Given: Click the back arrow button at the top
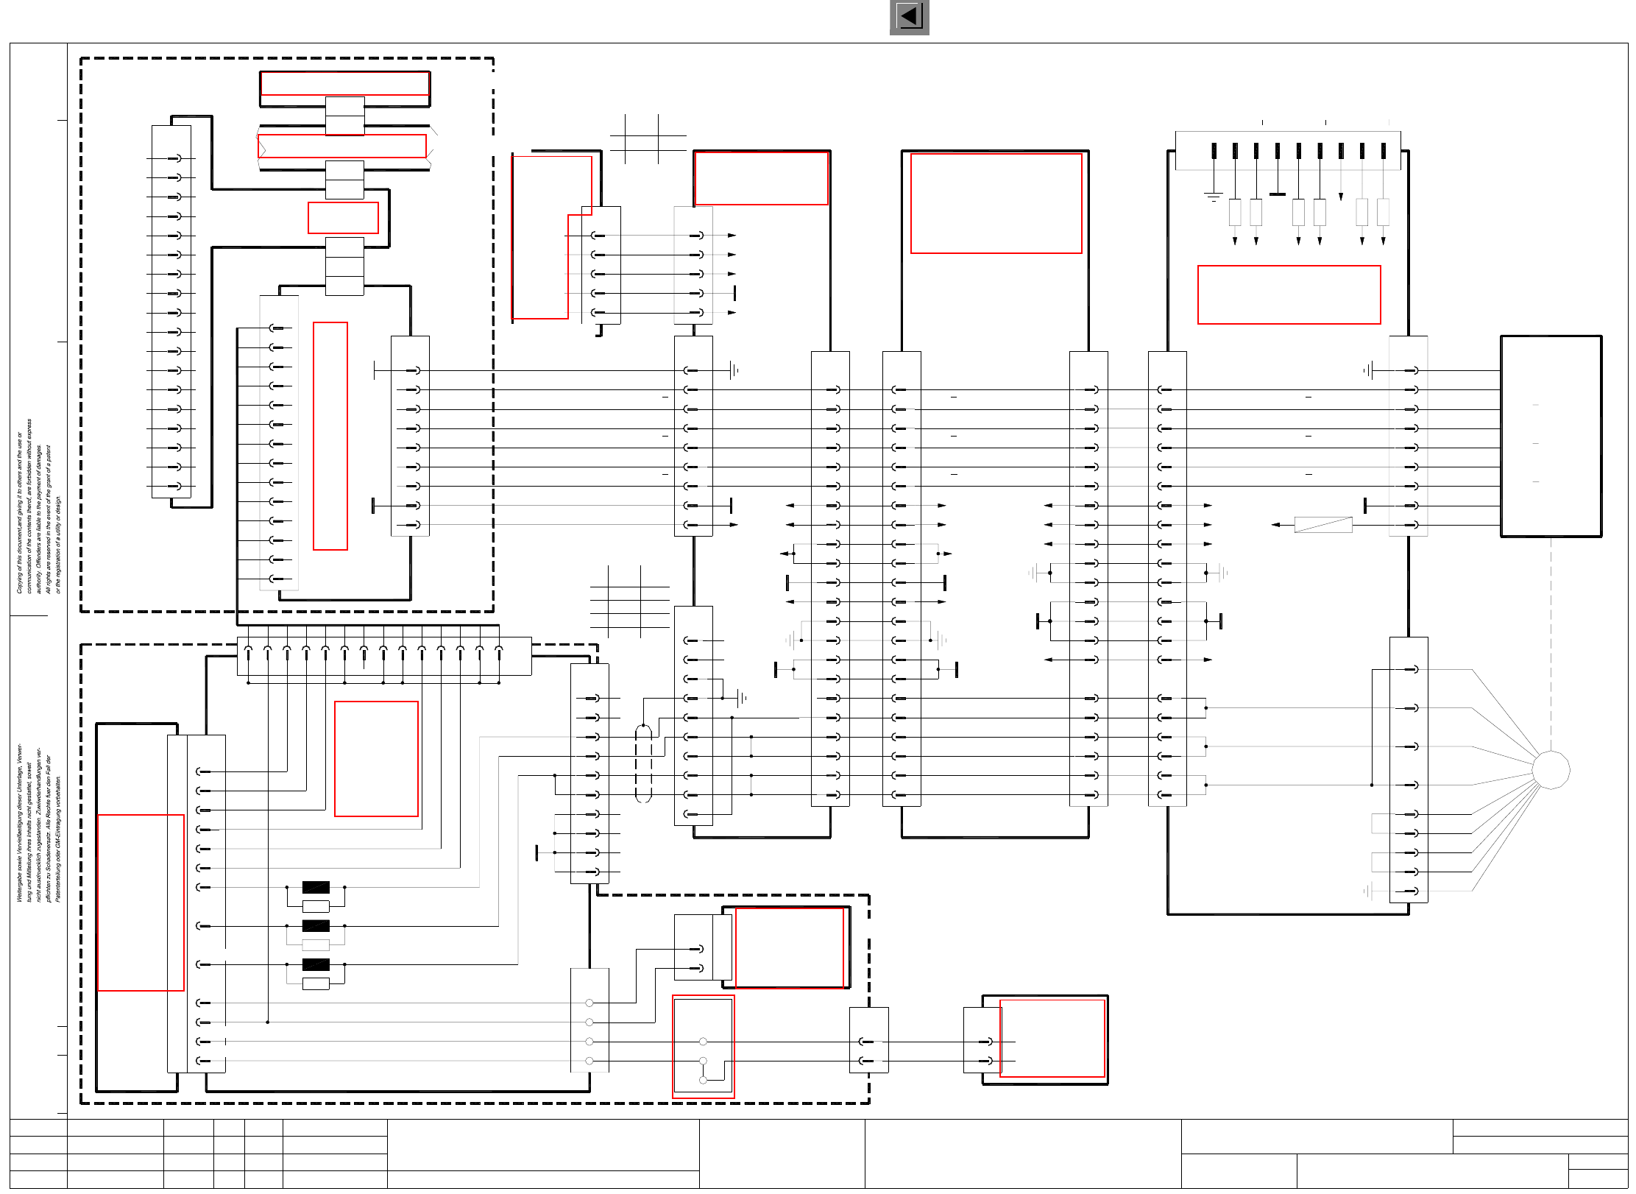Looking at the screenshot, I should [x=909, y=17].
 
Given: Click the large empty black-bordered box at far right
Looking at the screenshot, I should [x=1551, y=436].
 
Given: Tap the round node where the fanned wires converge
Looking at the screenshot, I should [x=1551, y=770].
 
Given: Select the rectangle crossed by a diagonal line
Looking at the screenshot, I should [x=1322, y=524].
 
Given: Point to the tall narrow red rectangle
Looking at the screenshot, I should [x=330, y=436].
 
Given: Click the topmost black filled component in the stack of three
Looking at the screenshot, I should [x=316, y=887].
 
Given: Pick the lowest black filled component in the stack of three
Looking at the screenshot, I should [x=316, y=964].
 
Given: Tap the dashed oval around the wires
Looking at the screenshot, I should [x=643, y=763].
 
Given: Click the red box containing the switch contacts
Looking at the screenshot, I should [x=703, y=1047].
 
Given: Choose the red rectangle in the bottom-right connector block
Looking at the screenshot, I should [x=1052, y=1038].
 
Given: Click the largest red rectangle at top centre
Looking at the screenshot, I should [x=996, y=203].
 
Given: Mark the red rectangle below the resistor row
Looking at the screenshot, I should [x=1289, y=294].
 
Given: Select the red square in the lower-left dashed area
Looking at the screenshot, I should [x=376, y=759].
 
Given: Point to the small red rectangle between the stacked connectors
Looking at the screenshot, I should [x=343, y=218].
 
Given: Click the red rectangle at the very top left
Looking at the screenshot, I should [x=344, y=84].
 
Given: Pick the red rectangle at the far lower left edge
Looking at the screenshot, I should [x=141, y=902].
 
